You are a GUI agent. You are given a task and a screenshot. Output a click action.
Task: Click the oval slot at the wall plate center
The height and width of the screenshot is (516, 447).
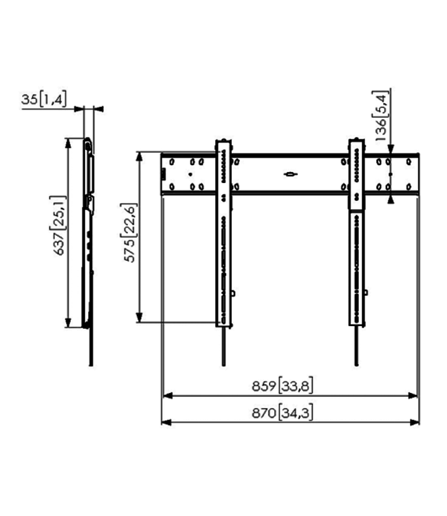click(x=290, y=173)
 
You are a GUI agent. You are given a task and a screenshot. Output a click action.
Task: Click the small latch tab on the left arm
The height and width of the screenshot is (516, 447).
click(x=234, y=293)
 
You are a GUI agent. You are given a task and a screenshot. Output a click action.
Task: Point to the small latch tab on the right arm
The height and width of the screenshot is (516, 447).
click(x=366, y=293)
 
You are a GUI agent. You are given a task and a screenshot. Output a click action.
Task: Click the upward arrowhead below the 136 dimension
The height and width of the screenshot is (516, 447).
click(x=391, y=199)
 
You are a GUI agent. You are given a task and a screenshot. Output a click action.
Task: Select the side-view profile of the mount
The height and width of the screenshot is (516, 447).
click(x=89, y=234)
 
